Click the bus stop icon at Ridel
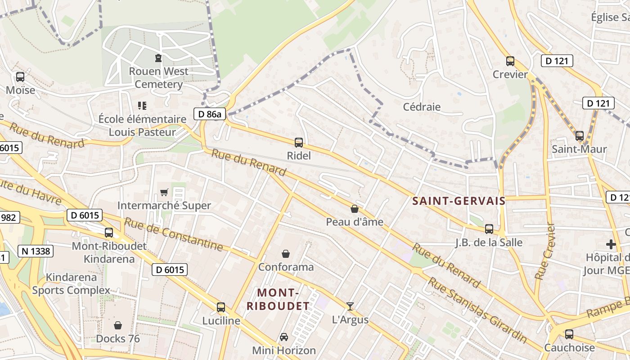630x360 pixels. tap(298, 143)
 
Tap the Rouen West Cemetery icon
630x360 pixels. tap(158, 58)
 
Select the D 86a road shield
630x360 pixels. tap(210, 114)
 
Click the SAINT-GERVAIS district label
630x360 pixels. tap(459, 201)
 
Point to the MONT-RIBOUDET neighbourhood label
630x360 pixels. tap(278, 300)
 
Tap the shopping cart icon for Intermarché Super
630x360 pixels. tap(164, 193)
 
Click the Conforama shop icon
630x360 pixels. tap(285, 254)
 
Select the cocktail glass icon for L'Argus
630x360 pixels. tap(350, 306)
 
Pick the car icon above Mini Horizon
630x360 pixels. tap(283, 337)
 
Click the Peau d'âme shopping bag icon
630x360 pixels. tap(355, 209)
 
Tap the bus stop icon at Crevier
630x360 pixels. tap(510, 61)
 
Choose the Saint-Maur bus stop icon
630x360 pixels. tap(579, 135)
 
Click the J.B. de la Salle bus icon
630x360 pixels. tap(489, 229)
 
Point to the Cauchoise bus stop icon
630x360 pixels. tap(569, 334)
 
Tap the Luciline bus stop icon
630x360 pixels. tap(220, 307)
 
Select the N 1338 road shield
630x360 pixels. tap(36, 251)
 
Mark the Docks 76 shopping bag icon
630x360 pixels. tap(118, 325)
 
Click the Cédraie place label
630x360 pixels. tap(422, 107)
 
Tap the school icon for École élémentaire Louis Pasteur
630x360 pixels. tap(142, 106)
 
